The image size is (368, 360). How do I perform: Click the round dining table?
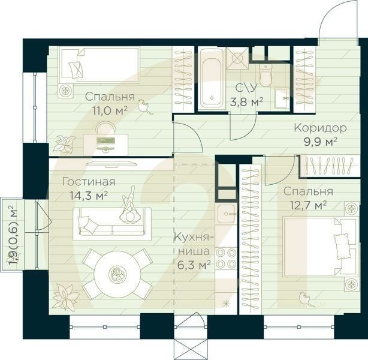coord(117,275)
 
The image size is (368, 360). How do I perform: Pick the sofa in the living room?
coord(112,224)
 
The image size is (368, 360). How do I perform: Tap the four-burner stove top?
coord(227,258)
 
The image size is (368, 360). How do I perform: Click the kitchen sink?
coord(227,211)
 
